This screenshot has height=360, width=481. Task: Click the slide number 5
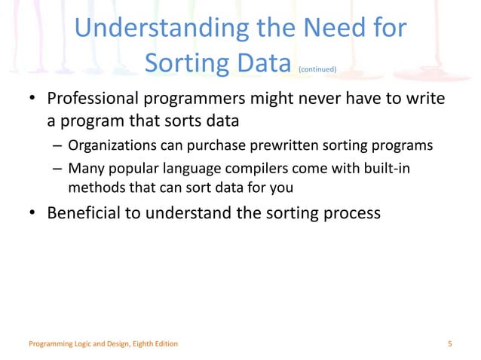[x=449, y=344]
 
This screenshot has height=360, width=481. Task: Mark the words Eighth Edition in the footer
[x=155, y=344]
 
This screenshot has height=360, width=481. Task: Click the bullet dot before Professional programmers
[x=33, y=101]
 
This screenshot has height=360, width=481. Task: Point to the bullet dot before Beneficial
[x=33, y=215]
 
